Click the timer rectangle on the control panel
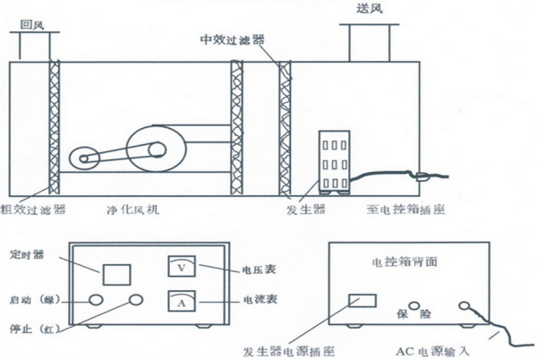point(117,272)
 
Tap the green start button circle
point(95,300)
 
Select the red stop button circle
point(137,300)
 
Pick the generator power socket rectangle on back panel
point(361,300)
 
